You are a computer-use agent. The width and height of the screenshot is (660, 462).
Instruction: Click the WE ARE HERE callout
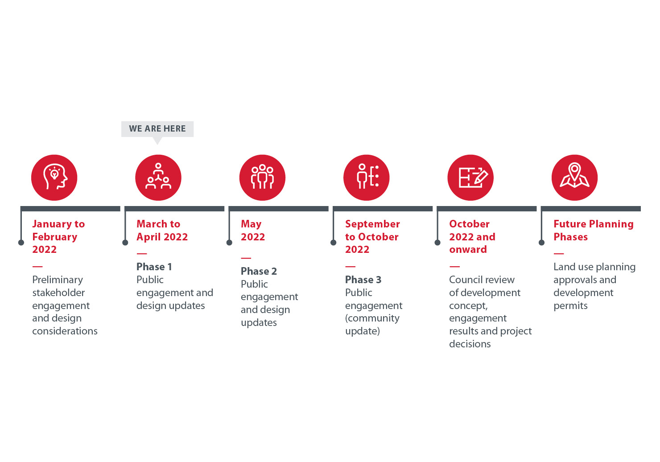(x=157, y=129)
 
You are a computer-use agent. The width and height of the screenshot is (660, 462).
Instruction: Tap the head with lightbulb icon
(x=54, y=177)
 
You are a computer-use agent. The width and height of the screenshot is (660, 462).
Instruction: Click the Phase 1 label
(x=154, y=267)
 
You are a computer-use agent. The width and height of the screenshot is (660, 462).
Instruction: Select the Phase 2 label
(x=259, y=271)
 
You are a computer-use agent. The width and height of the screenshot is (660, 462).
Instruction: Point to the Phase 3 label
(x=363, y=279)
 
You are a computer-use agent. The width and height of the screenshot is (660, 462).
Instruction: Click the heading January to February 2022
(x=58, y=237)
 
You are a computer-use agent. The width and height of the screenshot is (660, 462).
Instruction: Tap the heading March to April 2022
(x=162, y=231)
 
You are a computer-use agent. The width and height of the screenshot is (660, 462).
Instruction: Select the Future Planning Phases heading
(x=594, y=231)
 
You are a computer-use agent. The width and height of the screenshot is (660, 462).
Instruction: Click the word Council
(x=465, y=279)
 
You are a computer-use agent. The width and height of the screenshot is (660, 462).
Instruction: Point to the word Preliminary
(x=58, y=280)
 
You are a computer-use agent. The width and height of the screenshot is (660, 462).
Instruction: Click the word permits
(x=570, y=306)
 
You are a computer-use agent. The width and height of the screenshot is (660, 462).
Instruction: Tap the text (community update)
(x=372, y=325)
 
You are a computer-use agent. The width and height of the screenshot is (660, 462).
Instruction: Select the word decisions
(x=470, y=344)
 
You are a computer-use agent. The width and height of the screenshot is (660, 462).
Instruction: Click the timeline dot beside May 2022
(x=229, y=243)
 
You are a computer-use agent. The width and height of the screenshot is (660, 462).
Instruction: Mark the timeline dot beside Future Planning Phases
(x=541, y=243)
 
